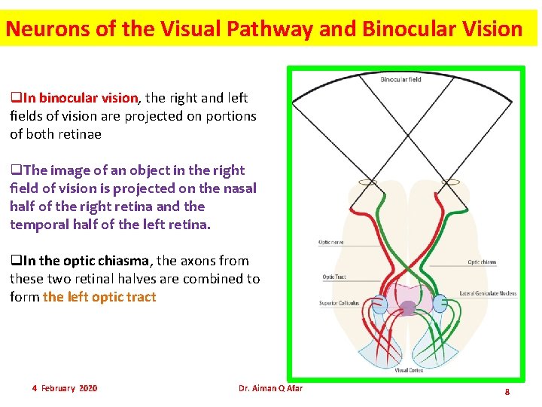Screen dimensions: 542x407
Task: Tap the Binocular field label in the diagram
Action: point(400,79)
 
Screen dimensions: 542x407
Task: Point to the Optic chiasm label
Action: point(482,262)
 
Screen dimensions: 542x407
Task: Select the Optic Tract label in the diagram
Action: point(333,277)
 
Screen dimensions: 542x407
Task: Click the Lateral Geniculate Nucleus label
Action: point(488,293)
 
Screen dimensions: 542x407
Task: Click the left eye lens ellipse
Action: point(368,182)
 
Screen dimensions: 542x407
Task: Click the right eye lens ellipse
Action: point(451,182)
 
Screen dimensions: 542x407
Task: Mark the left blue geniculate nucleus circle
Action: point(379,304)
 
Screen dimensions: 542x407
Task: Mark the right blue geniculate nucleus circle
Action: point(441,304)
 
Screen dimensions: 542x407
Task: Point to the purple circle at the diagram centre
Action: point(409,307)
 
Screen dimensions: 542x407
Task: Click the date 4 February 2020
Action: point(65,388)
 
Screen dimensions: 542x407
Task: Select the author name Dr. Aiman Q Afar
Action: point(270,388)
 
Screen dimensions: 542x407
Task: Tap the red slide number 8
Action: point(507,392)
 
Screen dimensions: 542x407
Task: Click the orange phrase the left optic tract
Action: point(99,297)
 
